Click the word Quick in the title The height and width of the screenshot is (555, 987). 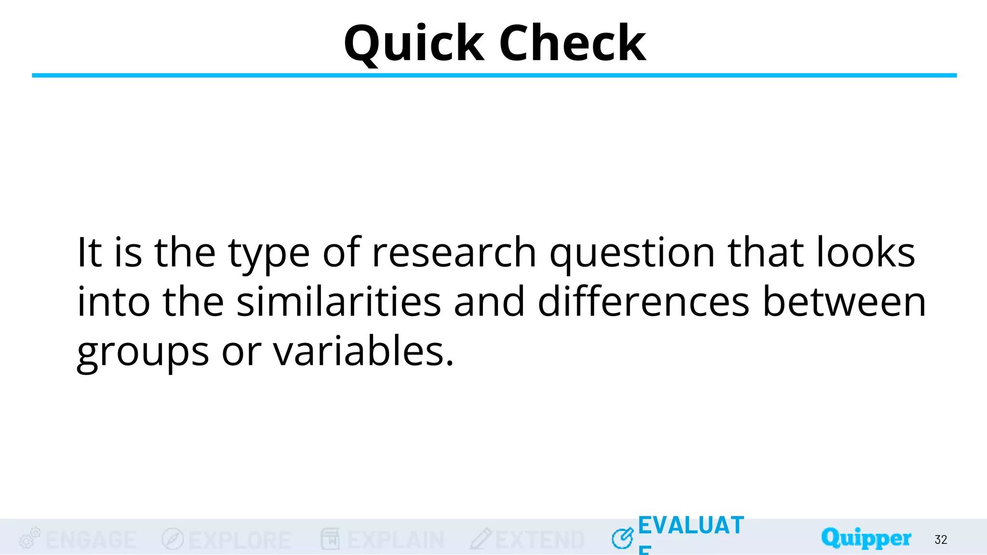(413, 44)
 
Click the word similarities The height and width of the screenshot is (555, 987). (339, 302)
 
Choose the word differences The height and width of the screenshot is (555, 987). (643, 302)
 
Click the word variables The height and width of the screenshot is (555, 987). (363, 352)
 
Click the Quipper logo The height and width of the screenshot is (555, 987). (866, 538)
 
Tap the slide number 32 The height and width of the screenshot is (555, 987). (941, 540)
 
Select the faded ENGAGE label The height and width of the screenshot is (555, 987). (91, 540)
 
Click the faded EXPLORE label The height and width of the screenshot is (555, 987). (240, 540)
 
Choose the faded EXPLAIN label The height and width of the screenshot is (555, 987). (395, 540)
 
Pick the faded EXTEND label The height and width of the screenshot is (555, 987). (540, 540)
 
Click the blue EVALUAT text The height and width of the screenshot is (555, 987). (691, 526)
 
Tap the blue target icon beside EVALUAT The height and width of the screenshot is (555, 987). (622, 538)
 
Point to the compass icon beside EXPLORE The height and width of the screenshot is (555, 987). (173, 539)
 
